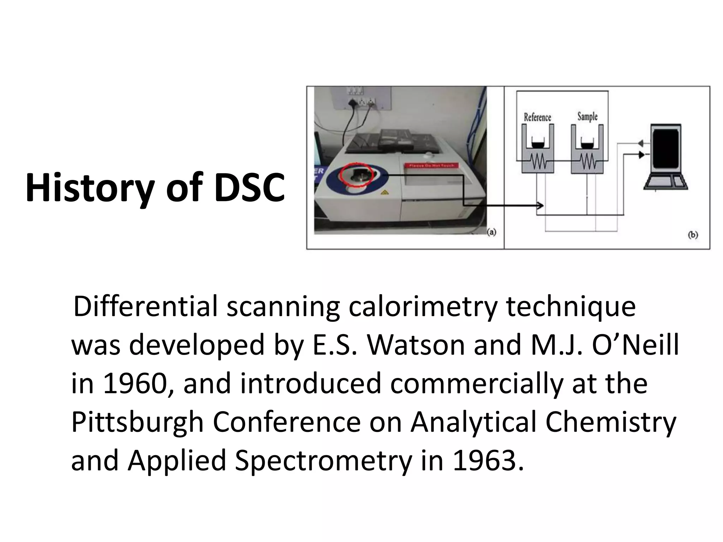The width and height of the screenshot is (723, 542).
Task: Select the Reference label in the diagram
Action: click(x=537, y=117)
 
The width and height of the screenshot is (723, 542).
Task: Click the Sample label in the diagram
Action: click(x=587, y=116)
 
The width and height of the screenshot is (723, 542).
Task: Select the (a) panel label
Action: click(x=491, y=232)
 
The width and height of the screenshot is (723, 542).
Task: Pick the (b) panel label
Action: click(x=693, y=235)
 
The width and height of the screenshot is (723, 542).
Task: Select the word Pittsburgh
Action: click(x=138, y=422)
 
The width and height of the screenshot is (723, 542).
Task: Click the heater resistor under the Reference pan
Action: click(x=537, y=163)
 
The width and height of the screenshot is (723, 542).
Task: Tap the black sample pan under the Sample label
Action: click(x=587, y=145)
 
